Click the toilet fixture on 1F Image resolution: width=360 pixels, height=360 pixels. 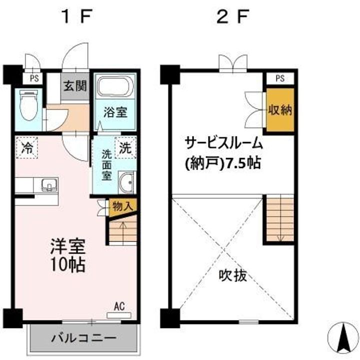28,105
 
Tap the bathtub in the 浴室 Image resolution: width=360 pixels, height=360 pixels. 115,86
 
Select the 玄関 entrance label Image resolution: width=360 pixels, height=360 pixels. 75,86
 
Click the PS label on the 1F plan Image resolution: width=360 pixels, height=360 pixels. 34,78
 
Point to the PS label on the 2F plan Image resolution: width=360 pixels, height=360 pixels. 280,78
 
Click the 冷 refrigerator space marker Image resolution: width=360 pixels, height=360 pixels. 27,148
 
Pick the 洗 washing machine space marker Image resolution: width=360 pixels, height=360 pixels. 125,148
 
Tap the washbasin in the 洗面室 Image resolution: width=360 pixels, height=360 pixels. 126,182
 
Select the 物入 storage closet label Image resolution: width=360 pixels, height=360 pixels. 123,207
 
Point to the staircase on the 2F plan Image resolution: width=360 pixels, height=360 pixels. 280,219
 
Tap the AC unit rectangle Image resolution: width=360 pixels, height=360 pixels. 119,315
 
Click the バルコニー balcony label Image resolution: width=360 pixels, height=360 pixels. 84,338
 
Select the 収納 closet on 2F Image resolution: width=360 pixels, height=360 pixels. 280,110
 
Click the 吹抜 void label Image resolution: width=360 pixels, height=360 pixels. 233,275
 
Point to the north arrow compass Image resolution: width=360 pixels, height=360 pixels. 343,337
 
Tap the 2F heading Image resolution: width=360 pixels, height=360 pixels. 233,16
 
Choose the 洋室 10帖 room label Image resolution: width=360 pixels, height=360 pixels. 68,255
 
